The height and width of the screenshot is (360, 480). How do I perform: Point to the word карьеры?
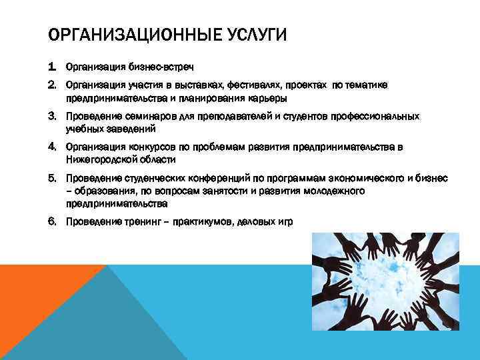coord(269,98)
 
